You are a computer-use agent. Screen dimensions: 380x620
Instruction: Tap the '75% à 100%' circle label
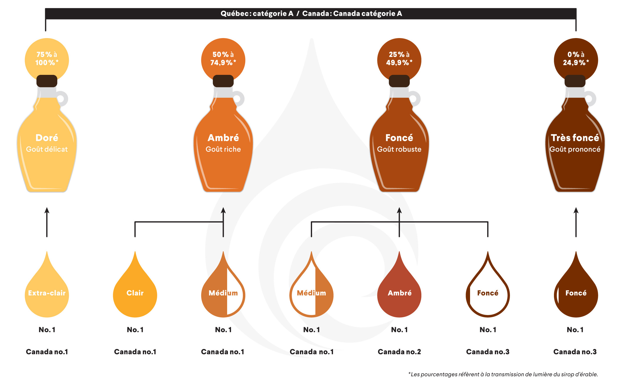47,59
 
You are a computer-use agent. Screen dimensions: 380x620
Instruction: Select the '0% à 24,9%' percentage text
576,59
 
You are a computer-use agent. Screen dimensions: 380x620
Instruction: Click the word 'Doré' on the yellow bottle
47,138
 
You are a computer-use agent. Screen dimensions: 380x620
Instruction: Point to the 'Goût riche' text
223,149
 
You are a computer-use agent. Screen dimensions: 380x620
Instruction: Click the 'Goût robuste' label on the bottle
399,149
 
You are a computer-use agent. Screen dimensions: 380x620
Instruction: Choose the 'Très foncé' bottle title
575,138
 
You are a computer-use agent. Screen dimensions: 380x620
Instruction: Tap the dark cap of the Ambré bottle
223,81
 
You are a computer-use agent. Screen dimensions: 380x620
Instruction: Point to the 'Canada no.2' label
399,352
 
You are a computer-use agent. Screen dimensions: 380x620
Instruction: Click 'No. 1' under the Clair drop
135,330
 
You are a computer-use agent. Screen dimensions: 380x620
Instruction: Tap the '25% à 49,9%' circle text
399,59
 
